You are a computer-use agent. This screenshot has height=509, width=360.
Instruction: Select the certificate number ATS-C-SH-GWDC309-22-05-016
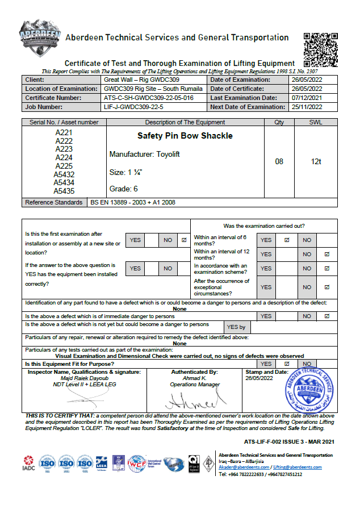click(x=148, y=98)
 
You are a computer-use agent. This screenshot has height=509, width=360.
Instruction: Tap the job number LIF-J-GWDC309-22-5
click(x=133, y=107)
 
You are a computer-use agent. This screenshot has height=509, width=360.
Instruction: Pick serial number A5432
click(x=64, y=174)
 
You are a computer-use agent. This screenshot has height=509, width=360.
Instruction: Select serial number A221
click(x=64, y=132)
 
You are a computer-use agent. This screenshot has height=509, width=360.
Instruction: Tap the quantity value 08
click(x=279, y=162)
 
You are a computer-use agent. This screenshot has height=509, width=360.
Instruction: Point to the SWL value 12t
click(x=316, y=162)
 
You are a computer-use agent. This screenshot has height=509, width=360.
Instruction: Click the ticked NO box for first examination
click(x=184, y=240)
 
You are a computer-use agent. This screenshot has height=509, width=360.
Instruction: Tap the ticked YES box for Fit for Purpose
click(x=287, y=364)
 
